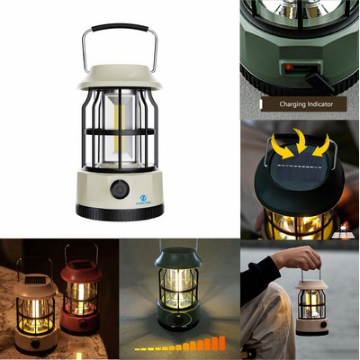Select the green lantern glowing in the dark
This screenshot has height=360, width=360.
click(x=178, y=288)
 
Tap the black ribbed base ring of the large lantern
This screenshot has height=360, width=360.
click(x=120, y=211)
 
